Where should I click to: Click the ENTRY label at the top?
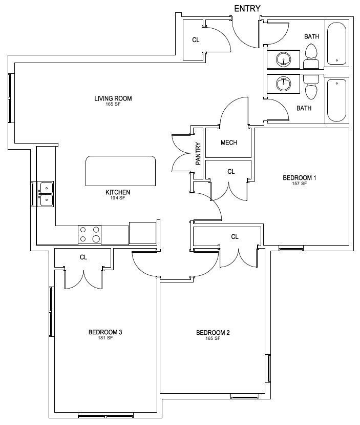[247, 9]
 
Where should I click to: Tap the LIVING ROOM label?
[113, 98]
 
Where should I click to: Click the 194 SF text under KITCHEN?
[118, 198]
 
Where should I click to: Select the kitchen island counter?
[120, 171]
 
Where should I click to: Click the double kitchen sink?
[47, 194]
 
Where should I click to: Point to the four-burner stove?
[90, 235]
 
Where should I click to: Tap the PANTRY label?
[198, 154]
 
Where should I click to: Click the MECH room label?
[229, 143]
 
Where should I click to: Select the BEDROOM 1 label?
[300, 178]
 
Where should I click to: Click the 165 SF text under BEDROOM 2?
[213, 338]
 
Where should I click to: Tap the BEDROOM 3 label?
[105, 332]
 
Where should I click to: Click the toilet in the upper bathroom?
[311, 56]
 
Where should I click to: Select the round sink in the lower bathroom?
[283, 84]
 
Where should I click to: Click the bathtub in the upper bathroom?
[336, 44]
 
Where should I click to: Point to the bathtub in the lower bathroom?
[336, 100]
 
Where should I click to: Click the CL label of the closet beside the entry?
[196, 40]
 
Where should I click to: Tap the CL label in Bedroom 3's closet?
[83, 257]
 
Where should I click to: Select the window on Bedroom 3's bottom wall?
[105, 415]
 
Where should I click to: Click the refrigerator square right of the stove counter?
[143, 233]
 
